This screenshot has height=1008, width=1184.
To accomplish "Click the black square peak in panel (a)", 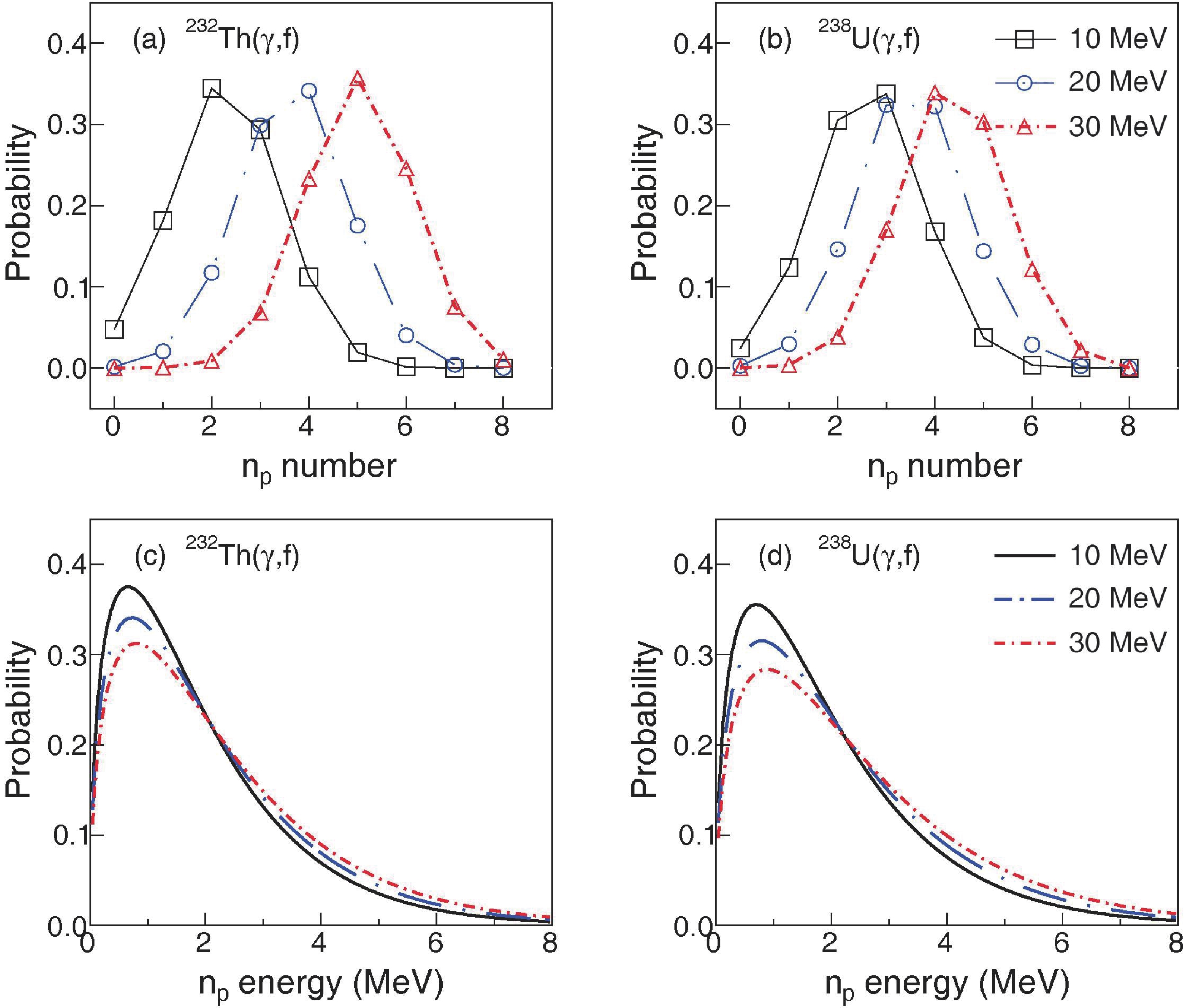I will (x=212, y=89).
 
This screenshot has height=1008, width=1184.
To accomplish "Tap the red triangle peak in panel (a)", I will (x=357, y=80).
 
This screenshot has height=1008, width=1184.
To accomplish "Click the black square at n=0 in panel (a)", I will (x=114, y=329).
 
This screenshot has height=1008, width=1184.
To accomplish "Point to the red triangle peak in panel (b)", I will (x=934, y=94).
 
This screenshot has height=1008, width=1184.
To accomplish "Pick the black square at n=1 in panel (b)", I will (x=788, y=267).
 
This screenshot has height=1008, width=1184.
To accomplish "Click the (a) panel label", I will (x=149, y=41).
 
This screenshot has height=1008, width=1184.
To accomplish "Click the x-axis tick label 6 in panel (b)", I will (x=1031, y=427).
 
